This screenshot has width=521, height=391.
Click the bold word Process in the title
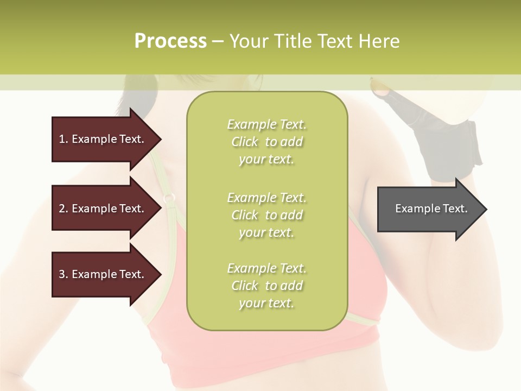(170, 41)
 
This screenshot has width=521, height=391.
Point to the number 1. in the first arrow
(63, 139)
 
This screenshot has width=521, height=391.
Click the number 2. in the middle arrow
(63, 209)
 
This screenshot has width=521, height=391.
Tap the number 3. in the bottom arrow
(63, 274)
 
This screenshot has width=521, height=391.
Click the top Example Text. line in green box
(266, 125)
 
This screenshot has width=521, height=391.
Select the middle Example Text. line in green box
(266, 198)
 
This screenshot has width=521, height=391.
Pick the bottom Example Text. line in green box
(266, 268)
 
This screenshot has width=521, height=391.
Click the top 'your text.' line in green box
(266, 160)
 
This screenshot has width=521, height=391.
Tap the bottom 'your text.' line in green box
(266, 304)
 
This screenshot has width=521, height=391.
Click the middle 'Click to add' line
(266, 215)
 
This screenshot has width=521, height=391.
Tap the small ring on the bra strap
(169, 198)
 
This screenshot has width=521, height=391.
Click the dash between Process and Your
(218, 42)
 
